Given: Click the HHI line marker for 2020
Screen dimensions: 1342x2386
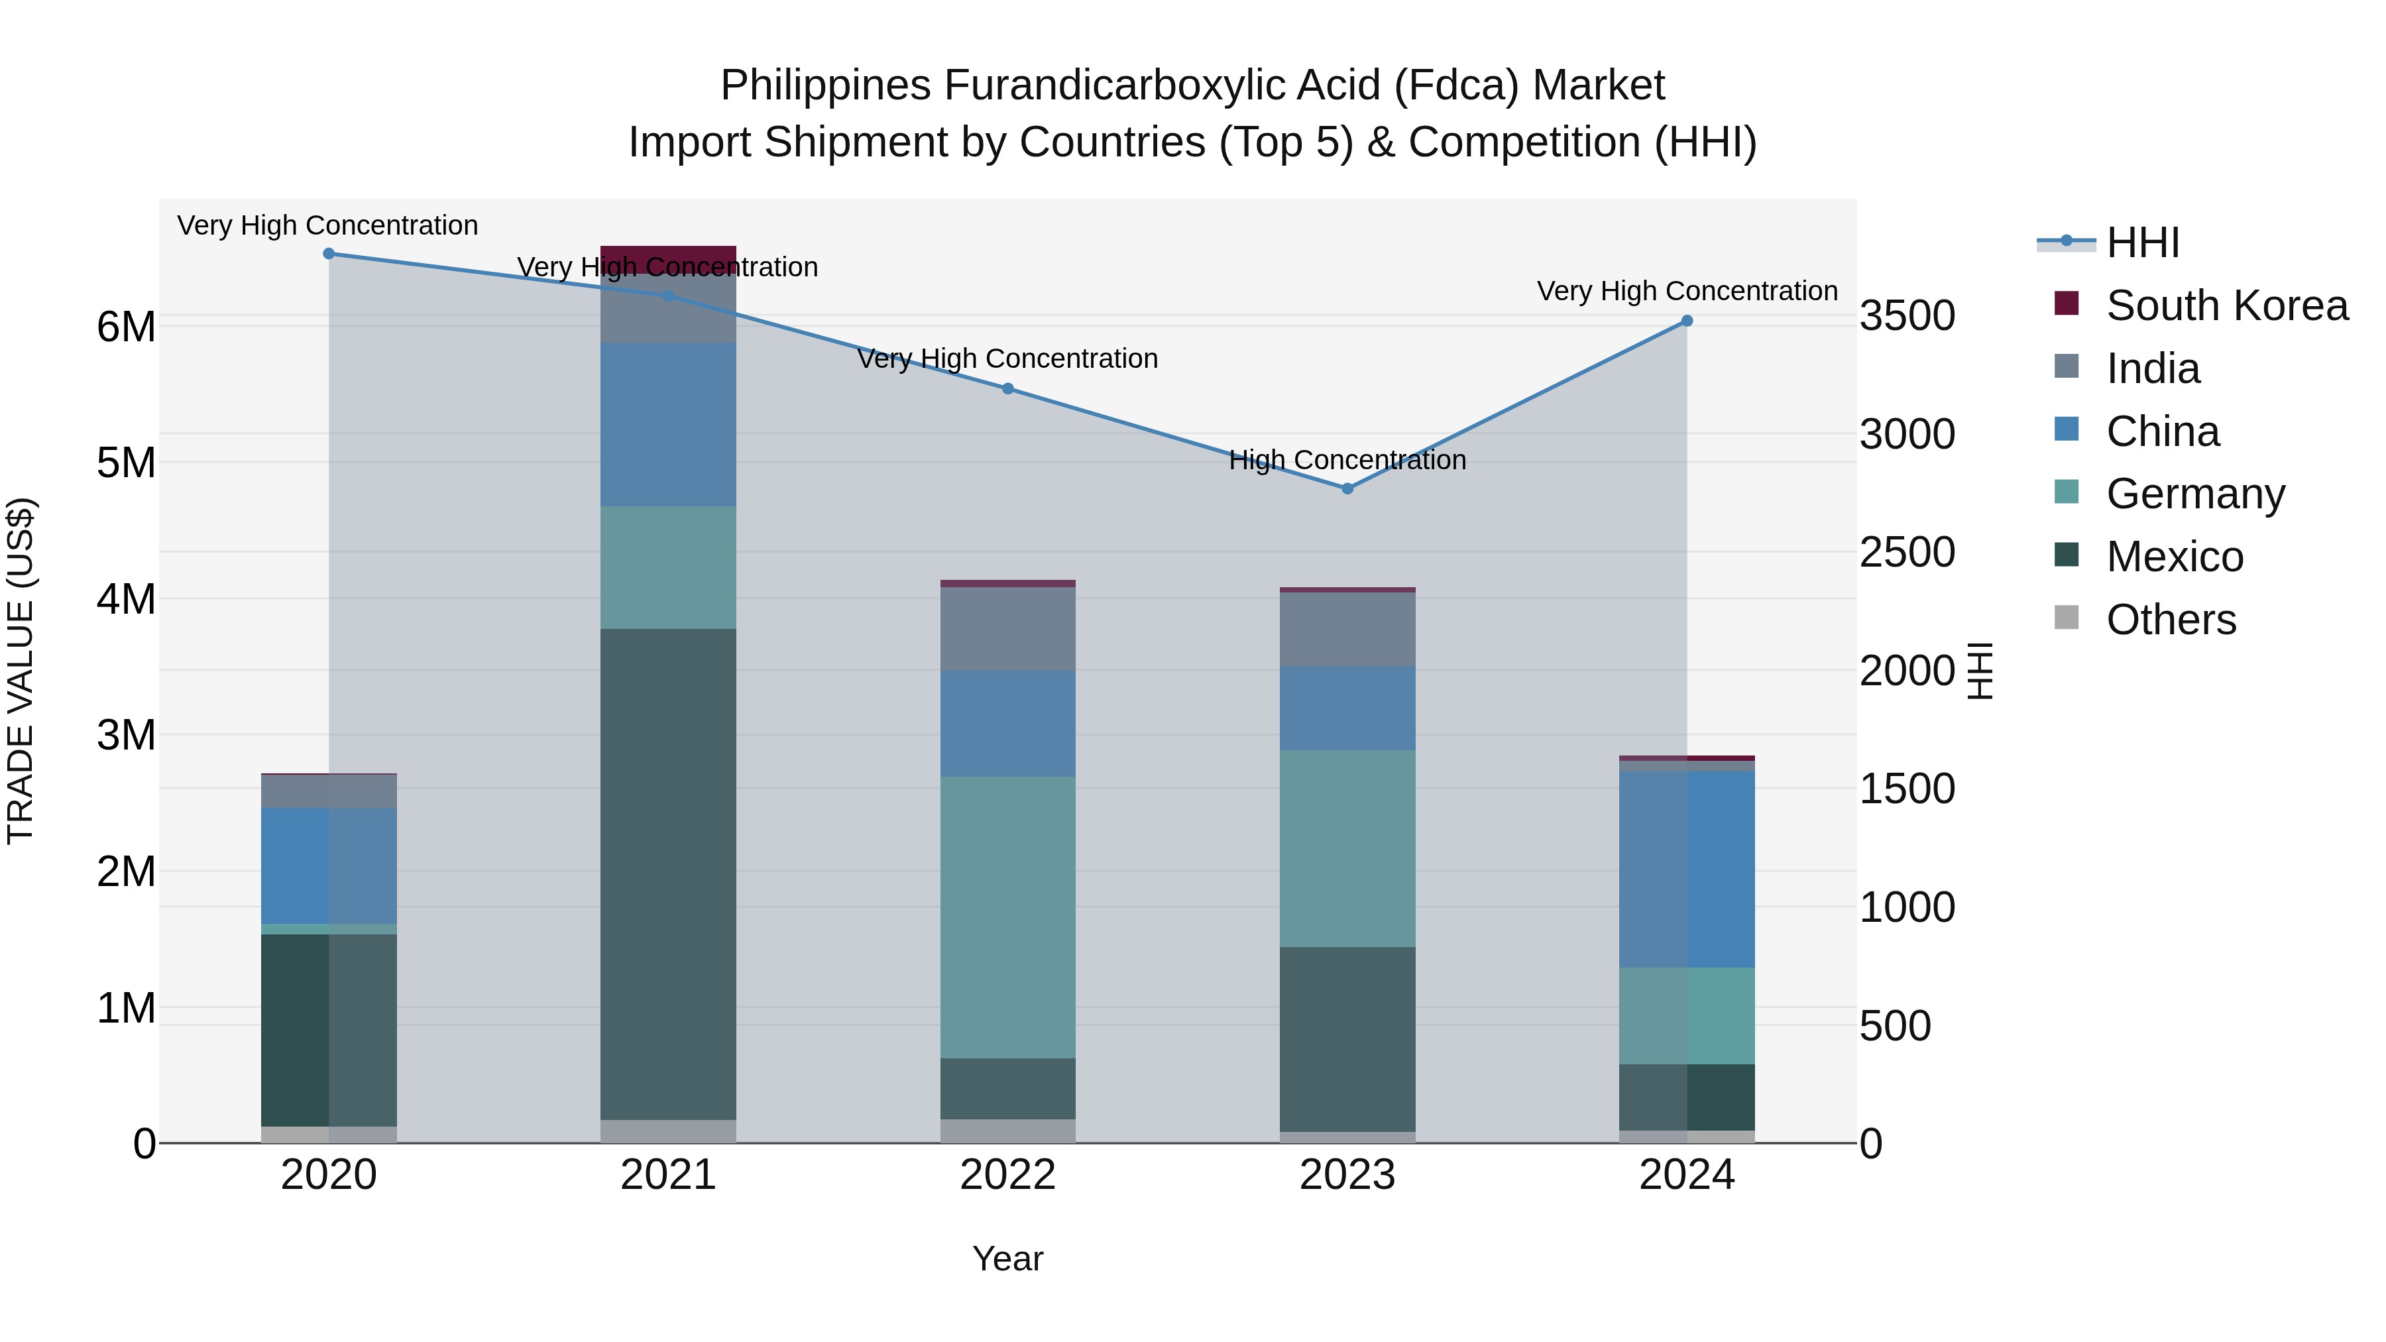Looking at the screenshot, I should click(x=329, y=254).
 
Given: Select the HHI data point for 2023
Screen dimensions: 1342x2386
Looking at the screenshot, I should click(x=1347, y=488).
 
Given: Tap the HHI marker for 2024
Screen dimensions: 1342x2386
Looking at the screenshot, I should click(x=1687, y=321).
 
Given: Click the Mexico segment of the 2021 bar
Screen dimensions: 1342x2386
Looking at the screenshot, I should click(x=668, y=873).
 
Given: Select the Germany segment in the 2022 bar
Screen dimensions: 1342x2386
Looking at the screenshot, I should click(x=1007, y=917).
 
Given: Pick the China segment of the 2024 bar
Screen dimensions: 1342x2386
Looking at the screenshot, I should click(x=1687, y=869).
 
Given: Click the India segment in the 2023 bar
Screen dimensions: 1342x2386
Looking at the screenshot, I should click(x=1347, y=629).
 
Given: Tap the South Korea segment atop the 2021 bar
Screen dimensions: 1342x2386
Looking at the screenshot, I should click(x=668, y=258).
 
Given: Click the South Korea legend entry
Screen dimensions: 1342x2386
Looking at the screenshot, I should click(x=2227, y=306).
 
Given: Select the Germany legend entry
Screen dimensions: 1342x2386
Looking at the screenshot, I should click(x=2195, y=494).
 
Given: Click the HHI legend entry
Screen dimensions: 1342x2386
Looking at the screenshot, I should click(x=2142, y=243).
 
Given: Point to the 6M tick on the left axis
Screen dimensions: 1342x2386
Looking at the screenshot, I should click(x=126, y=327).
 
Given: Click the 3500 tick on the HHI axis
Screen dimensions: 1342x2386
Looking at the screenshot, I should click(x=1907, y=316).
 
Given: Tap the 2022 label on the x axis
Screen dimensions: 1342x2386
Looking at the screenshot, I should click(x=1007, y=1175).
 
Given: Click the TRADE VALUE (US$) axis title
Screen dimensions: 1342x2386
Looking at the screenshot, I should click(x=21, y=671).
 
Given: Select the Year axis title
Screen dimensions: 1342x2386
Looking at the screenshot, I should click(x=1007, y=1258).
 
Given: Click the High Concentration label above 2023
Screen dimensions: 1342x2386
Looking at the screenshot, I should click(x=1347, y=461).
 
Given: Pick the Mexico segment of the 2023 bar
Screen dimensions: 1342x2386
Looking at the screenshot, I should click(x=1347, y=1038).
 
